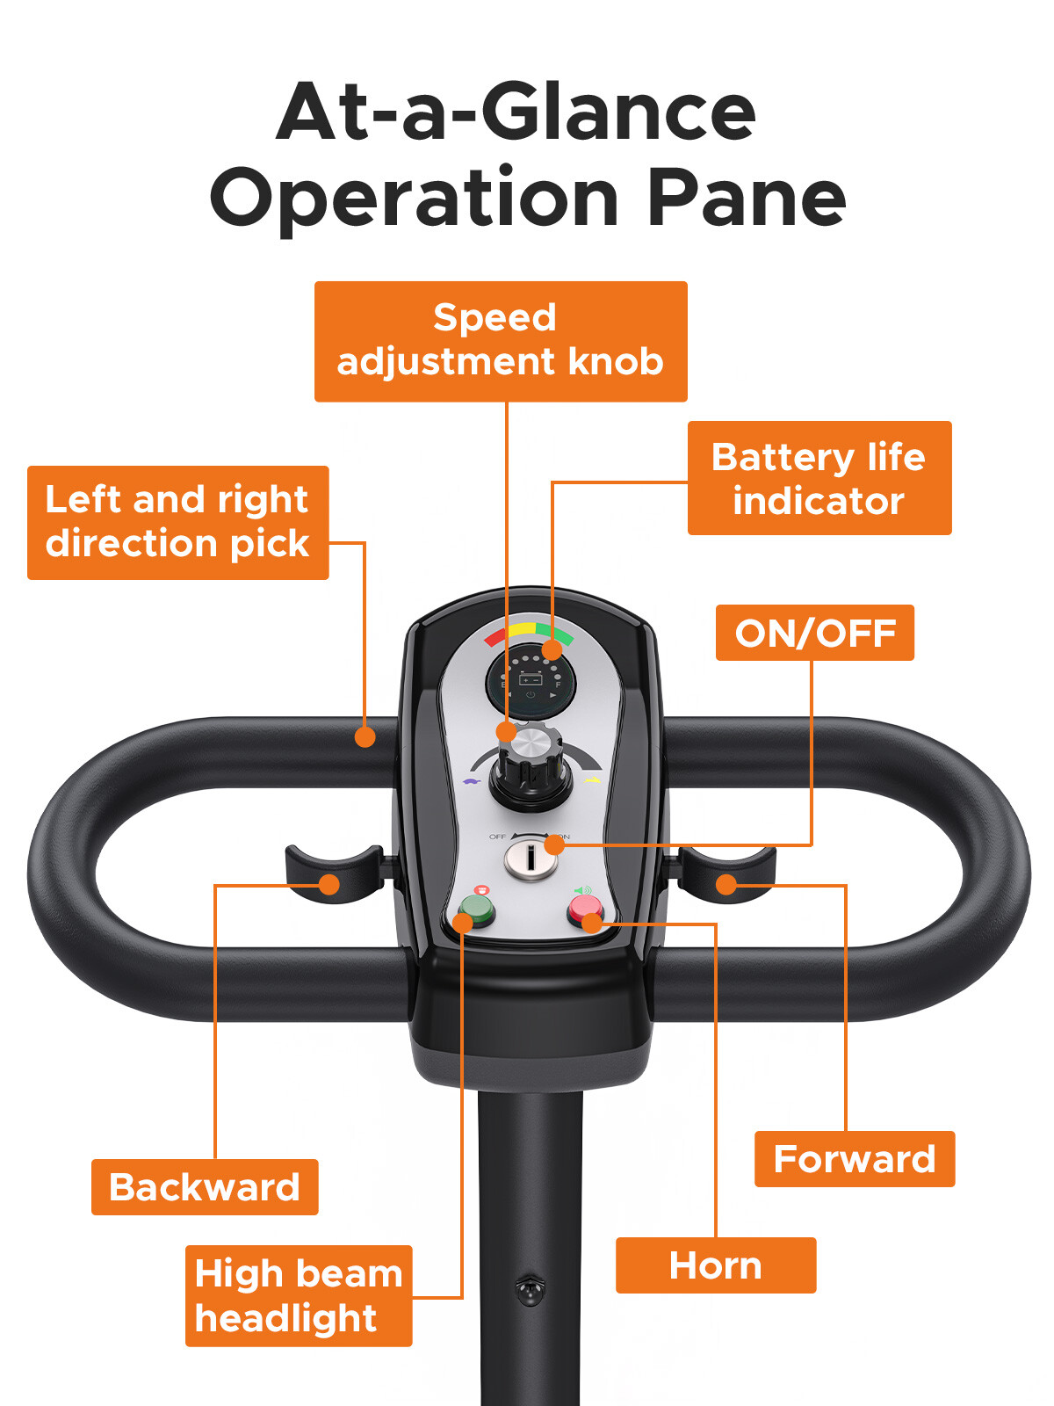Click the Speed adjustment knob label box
pyautogui.click(x=501, y=341)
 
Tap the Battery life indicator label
pyautogui.click(x=819, y=478)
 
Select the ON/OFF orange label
pyautogui.click(x=814, y=633)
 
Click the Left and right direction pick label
pyautogui.click(x=177, y=522)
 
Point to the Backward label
pyautogui.click(x=205, y=1187)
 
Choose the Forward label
pyautogui.click(x=854, y=1159)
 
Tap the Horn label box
pyautogui.click(x=715, y=1265)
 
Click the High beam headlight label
pyautogui.click(x=298, y=1295)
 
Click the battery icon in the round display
pyautogui.click(x=531, y=679)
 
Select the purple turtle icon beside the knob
pyautogui.click(x=472, y=779)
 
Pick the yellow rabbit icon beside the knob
pyautogui.click(x=593, y=779)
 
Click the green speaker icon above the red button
pyautogui.click(x=582, y=890)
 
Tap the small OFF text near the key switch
pyautogui.click(x=497, y=837)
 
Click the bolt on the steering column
pyautogui.click(x=530, y=1290)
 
